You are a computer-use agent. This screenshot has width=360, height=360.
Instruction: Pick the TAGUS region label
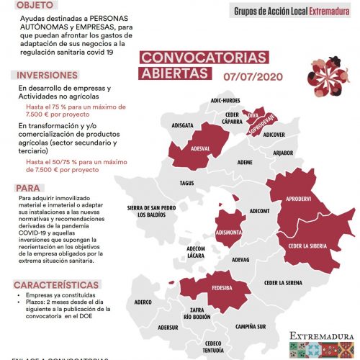(x=187, y=183)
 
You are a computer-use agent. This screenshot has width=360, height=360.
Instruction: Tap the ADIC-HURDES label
(x=225, y=101)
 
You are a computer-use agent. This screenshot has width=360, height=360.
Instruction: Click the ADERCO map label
(x=144, y=302)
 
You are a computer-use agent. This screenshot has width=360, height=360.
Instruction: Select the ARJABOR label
(x=284, y=153)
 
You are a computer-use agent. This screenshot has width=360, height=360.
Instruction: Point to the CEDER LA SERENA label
(x=282, y=283)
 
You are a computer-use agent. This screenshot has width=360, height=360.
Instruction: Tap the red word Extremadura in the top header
(x=330, y=12)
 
